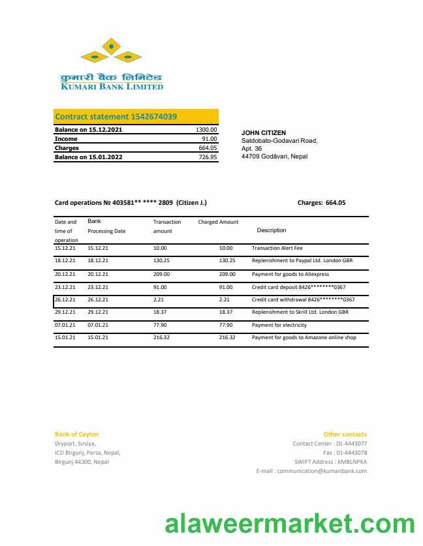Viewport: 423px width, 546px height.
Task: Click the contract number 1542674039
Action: [153, 117]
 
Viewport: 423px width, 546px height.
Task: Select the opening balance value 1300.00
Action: [206, 130]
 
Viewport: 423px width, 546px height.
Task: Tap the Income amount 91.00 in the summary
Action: [209, 139]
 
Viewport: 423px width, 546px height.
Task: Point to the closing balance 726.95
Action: [208, 157]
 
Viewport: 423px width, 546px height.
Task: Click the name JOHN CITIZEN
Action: [264, 133]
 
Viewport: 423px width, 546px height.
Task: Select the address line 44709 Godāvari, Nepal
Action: [274, 157]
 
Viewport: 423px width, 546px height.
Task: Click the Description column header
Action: [271, 230]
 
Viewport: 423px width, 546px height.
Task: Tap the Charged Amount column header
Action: [218, 222]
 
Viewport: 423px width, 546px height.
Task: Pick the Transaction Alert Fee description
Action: [277, 249]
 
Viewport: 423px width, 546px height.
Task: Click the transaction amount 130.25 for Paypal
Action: [161, 260]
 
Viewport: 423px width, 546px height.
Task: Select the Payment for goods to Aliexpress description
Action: [290, 275]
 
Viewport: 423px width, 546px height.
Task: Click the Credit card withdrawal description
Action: [303, 300]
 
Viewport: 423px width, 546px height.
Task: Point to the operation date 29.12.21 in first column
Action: [65, 312]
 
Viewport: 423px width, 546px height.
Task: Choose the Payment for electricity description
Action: [279, 325]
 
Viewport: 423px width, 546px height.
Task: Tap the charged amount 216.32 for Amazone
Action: [227, 338]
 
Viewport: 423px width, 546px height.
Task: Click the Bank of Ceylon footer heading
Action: [76, 434]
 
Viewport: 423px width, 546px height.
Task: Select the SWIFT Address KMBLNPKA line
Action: [330, 462]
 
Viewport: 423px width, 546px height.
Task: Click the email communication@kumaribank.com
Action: [311, 471]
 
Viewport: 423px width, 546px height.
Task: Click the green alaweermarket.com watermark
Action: [289, 524]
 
